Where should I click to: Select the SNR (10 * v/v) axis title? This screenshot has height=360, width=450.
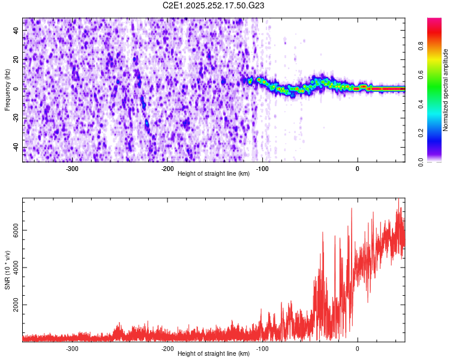click(7, 270)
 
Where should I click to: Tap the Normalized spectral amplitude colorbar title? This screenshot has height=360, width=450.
click(446, 90)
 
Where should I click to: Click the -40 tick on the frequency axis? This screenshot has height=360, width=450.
click(16, 147)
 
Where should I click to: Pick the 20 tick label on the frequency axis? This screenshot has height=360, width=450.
click(16, 59)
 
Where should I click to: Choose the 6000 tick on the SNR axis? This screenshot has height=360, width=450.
click(16, 230)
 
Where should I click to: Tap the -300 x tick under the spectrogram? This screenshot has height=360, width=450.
click(72, 169)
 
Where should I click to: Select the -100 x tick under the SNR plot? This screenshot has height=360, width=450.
click(262, 349)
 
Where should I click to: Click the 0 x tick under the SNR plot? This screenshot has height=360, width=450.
click(358, 349)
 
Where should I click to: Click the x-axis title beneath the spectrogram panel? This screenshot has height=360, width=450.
click(214, 174)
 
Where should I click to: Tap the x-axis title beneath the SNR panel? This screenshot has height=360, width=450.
click(214, 354)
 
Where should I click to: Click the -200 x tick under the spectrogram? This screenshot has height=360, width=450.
click(167, 169)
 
